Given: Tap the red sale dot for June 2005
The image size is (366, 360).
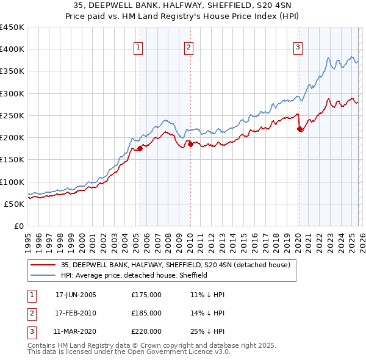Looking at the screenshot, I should coord(140,148).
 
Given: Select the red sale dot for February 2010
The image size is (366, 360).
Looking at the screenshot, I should coord(190,144).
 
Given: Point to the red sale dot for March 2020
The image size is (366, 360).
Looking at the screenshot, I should coord(300,129).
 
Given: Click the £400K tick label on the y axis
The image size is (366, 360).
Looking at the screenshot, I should coord(12,49).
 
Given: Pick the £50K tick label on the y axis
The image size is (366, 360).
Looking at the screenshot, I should coord(14,204).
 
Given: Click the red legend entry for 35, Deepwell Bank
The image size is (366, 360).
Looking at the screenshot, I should coord(179,265).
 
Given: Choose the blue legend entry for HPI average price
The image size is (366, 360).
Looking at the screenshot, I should coord(134,275).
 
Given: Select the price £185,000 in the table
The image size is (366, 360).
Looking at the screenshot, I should coord(146,313).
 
